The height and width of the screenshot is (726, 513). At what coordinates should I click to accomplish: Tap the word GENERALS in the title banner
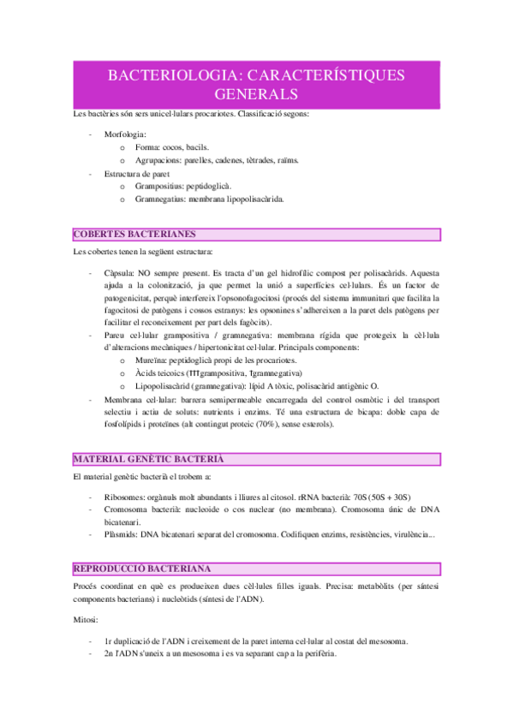coord(256,93)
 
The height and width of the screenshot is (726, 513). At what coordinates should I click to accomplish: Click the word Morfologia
coord(124,134)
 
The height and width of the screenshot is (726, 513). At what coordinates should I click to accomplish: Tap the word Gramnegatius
coord(160,199)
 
